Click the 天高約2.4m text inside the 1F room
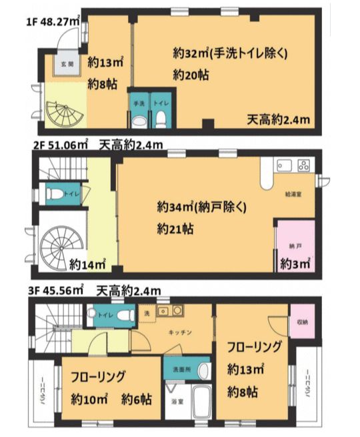278,120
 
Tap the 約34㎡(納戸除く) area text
201,206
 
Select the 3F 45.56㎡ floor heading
55,291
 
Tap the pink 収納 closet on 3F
303,322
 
